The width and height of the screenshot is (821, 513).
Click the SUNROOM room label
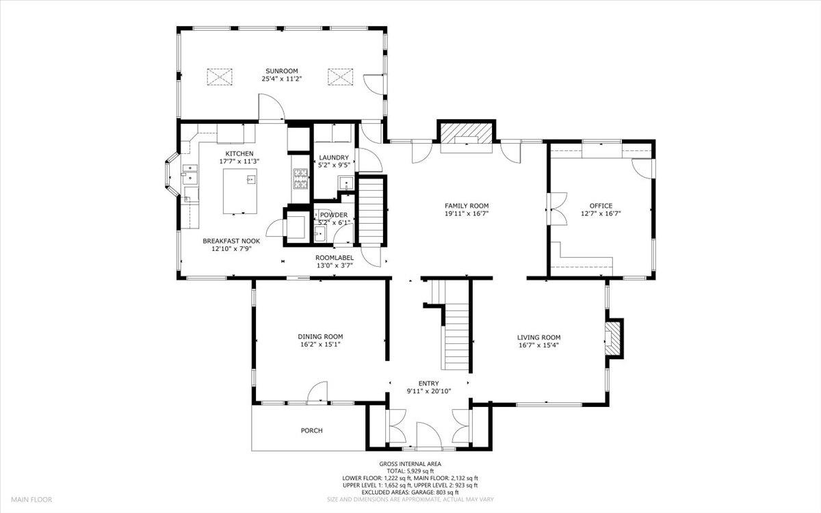click(x=281, y=70)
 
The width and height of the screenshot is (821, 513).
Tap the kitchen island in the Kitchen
click(x=240, y=191)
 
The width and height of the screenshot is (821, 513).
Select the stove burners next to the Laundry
click(x=301, y=179)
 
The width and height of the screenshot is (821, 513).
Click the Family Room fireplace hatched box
click(x=466, y=132)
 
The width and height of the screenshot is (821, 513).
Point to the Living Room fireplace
click(x=613, y=339)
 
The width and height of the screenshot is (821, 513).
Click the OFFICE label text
click(x=601, y=206)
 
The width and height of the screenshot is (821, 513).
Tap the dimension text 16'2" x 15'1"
click(x=320, y=344)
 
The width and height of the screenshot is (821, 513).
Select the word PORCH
click(x=311, y=430)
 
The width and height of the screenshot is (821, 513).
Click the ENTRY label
click(x=428, y=383)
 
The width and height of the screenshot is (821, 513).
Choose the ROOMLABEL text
click(x=335, y=258)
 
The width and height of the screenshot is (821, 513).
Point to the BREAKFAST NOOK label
click(x=231, y=241)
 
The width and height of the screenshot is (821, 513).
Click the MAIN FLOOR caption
click(x=31, y=499)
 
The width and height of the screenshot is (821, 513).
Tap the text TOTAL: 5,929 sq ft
click(x=410, y=471)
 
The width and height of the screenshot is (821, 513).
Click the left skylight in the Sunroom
click(x=220, y=77)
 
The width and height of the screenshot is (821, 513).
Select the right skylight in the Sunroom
click(x=340, y=77)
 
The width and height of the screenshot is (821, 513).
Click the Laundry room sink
click(x=346, y=183)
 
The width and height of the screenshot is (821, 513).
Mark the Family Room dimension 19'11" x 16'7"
click(x=467, y=213)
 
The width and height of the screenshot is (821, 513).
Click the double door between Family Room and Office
click(x=556, y=209)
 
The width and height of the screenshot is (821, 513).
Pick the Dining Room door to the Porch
click(x=317, y=393)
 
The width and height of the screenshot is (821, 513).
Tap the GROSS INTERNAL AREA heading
click(x=410, y=464)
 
